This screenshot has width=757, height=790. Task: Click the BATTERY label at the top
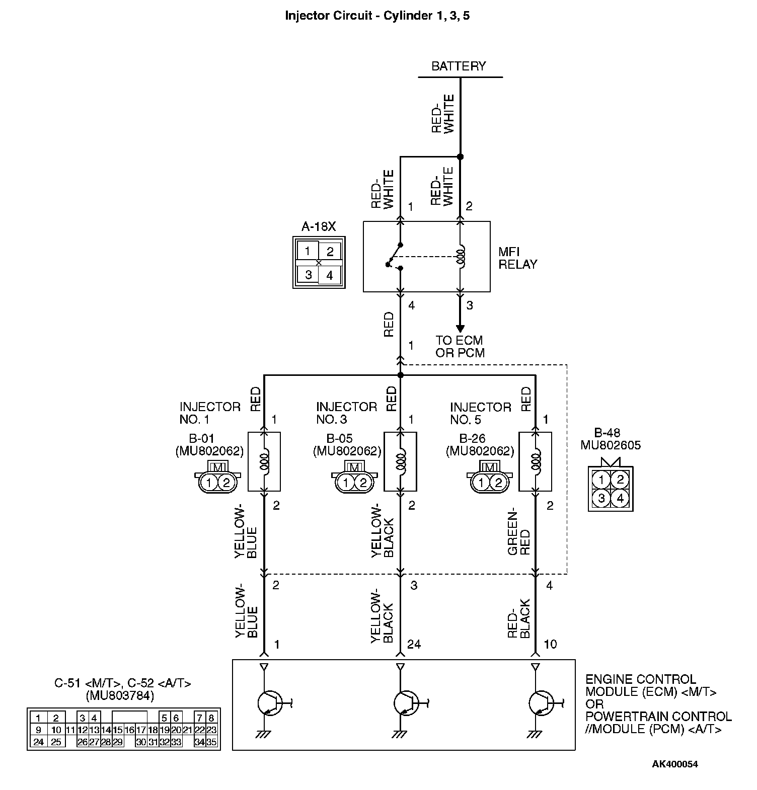tap(459, 66)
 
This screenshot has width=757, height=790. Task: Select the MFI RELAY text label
tap(517, 258)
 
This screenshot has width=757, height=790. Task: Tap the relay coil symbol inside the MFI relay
tap(460, 256)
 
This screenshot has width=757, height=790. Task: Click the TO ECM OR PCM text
tap(460, 347)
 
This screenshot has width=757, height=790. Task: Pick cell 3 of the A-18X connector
tap(308, 275)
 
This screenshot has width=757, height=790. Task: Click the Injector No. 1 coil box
tap(264, 461)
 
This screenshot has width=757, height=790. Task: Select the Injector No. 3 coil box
tap(400, 461)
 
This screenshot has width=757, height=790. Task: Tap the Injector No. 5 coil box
tap(536, 461)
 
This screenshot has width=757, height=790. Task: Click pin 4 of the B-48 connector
tap(620, 498)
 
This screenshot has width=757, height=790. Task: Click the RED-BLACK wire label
tap(519, 618)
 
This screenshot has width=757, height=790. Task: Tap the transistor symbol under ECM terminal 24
tap(406, 702)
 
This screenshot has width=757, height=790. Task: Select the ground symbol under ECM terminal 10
tap(535, 735)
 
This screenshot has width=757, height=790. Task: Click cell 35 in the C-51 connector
tap(212, 742)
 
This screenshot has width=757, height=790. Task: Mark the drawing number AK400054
tap(675, 764)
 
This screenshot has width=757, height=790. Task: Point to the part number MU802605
tap(611, 445)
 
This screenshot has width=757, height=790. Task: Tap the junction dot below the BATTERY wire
tap(460, 156)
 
